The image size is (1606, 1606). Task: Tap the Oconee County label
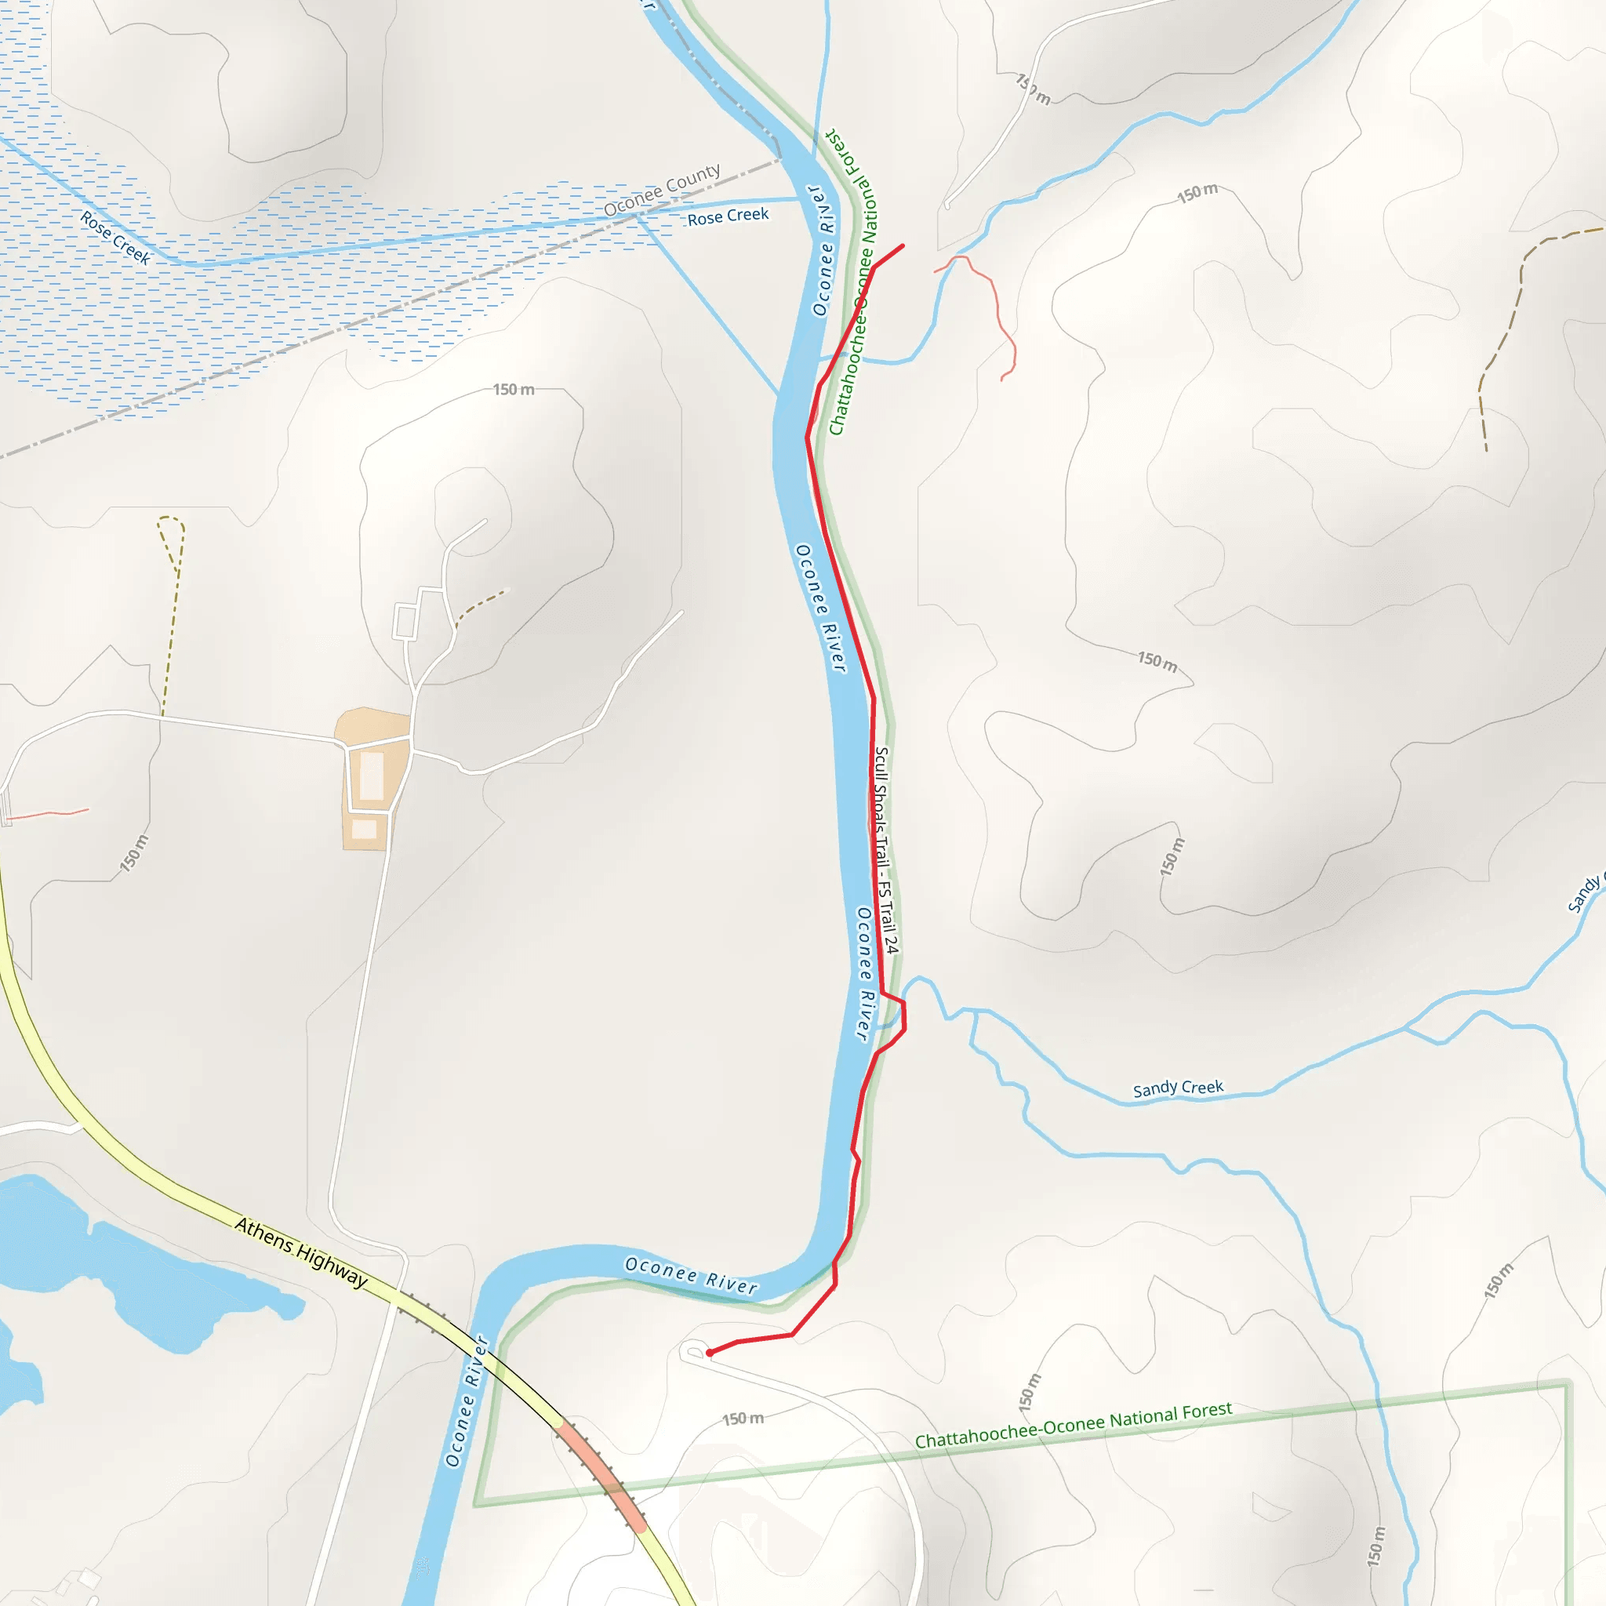pyautogui.click(x=662, y=191)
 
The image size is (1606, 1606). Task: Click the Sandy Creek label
pyautogui.click(x=1177, y=1088)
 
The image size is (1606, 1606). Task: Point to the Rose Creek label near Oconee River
pyautogui.click(x=728, y=216)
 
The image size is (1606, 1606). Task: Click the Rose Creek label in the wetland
pyautogui.click(x=115, y=238)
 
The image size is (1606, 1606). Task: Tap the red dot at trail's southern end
pyautogui.click(x=709, y=1353)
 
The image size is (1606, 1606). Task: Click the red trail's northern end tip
pyautogui.click(x=903, y=246)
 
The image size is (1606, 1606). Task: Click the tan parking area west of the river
pyautogui.click(x=372, y=777)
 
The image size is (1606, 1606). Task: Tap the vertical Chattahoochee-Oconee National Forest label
pyautogui.click(x=853, y=282)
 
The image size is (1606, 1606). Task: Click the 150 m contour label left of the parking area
pyautogui.click(x=134, y=853)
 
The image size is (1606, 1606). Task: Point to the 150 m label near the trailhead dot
pyautogui.click(x=743, y=1419)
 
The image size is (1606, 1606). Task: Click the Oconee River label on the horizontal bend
pyautogui.click(x=691, y=1276)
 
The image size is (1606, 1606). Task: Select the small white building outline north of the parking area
pyautogui.click(x=405, y=622)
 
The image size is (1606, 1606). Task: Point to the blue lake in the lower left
pyautogui.click(x=125, y=1263)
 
